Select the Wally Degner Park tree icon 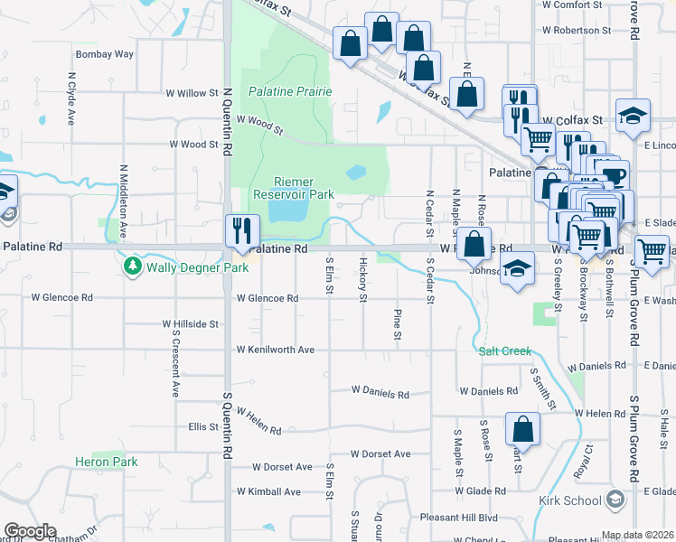(133, 266)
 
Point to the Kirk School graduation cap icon (615, 500)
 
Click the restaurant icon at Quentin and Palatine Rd (242, 229)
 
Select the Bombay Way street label (104, 54)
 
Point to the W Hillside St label (191, 322)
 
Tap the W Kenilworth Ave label (275, 349)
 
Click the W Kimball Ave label (268, 491)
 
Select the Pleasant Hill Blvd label (459, 518)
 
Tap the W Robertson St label (577, 30)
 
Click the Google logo (30, 531)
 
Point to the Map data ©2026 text (638, 535)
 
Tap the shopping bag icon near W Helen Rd (522, 427)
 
